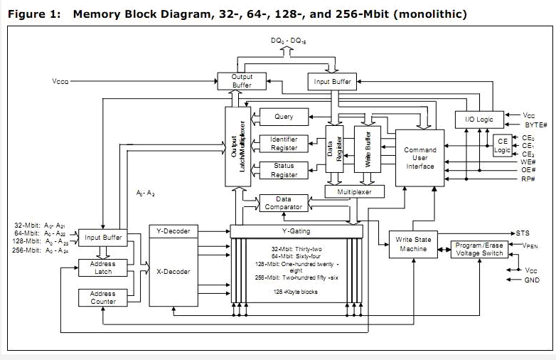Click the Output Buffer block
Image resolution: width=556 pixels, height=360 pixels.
(x=242, y=81)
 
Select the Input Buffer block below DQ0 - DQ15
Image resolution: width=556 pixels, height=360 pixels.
(x=333, y=82)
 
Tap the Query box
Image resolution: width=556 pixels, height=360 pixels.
(x=283, y=117)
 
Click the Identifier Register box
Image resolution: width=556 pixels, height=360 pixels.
(x=284, y=143)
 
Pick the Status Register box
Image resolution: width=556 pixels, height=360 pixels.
(x=284, y=170)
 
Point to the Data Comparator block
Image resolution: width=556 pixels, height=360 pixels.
(x=284, y=203)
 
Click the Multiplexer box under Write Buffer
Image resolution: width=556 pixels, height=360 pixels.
(x=353, y=192)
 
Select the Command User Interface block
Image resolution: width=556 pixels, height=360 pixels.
(x=419, y=159)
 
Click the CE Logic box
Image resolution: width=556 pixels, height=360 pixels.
(x=503, y=145)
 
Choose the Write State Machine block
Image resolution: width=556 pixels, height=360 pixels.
(x=413, y=244)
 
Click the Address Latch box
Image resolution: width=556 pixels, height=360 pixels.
(x=102, y=268)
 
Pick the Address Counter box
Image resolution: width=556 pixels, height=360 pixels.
(x=102, y=297)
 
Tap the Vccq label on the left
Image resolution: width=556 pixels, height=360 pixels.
(x=60, y=82)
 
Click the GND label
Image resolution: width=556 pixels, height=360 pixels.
(x=531, y=280)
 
